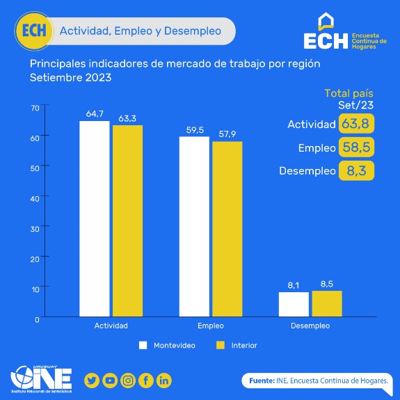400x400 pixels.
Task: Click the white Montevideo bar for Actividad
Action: (95, 218)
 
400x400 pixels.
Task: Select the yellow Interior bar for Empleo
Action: (227, 229)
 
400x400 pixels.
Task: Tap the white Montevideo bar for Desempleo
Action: (294, 304)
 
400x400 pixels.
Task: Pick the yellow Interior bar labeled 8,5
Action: (327, 303)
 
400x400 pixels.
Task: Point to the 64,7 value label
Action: (95, 114)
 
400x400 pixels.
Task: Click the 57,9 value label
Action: (227, 134)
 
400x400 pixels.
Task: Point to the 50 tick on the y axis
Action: (35, 168)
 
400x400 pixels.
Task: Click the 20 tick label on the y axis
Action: (35, 259)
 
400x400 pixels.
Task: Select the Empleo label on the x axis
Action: (211, 326)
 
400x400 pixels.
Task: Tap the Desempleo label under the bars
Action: (310, 326)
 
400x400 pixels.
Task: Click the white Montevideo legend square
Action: (143, 345)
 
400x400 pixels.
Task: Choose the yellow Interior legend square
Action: (221, 345)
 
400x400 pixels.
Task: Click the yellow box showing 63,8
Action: (356, 124)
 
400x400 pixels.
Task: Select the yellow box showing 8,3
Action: (356, 170)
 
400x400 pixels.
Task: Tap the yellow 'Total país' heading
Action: (349, 94)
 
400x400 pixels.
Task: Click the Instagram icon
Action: (128, 381)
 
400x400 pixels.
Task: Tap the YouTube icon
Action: (110, 381)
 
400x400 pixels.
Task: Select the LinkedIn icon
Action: (164, 381)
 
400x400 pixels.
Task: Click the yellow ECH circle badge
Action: (34, 31)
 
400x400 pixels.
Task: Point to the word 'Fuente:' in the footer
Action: (262, 381)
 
